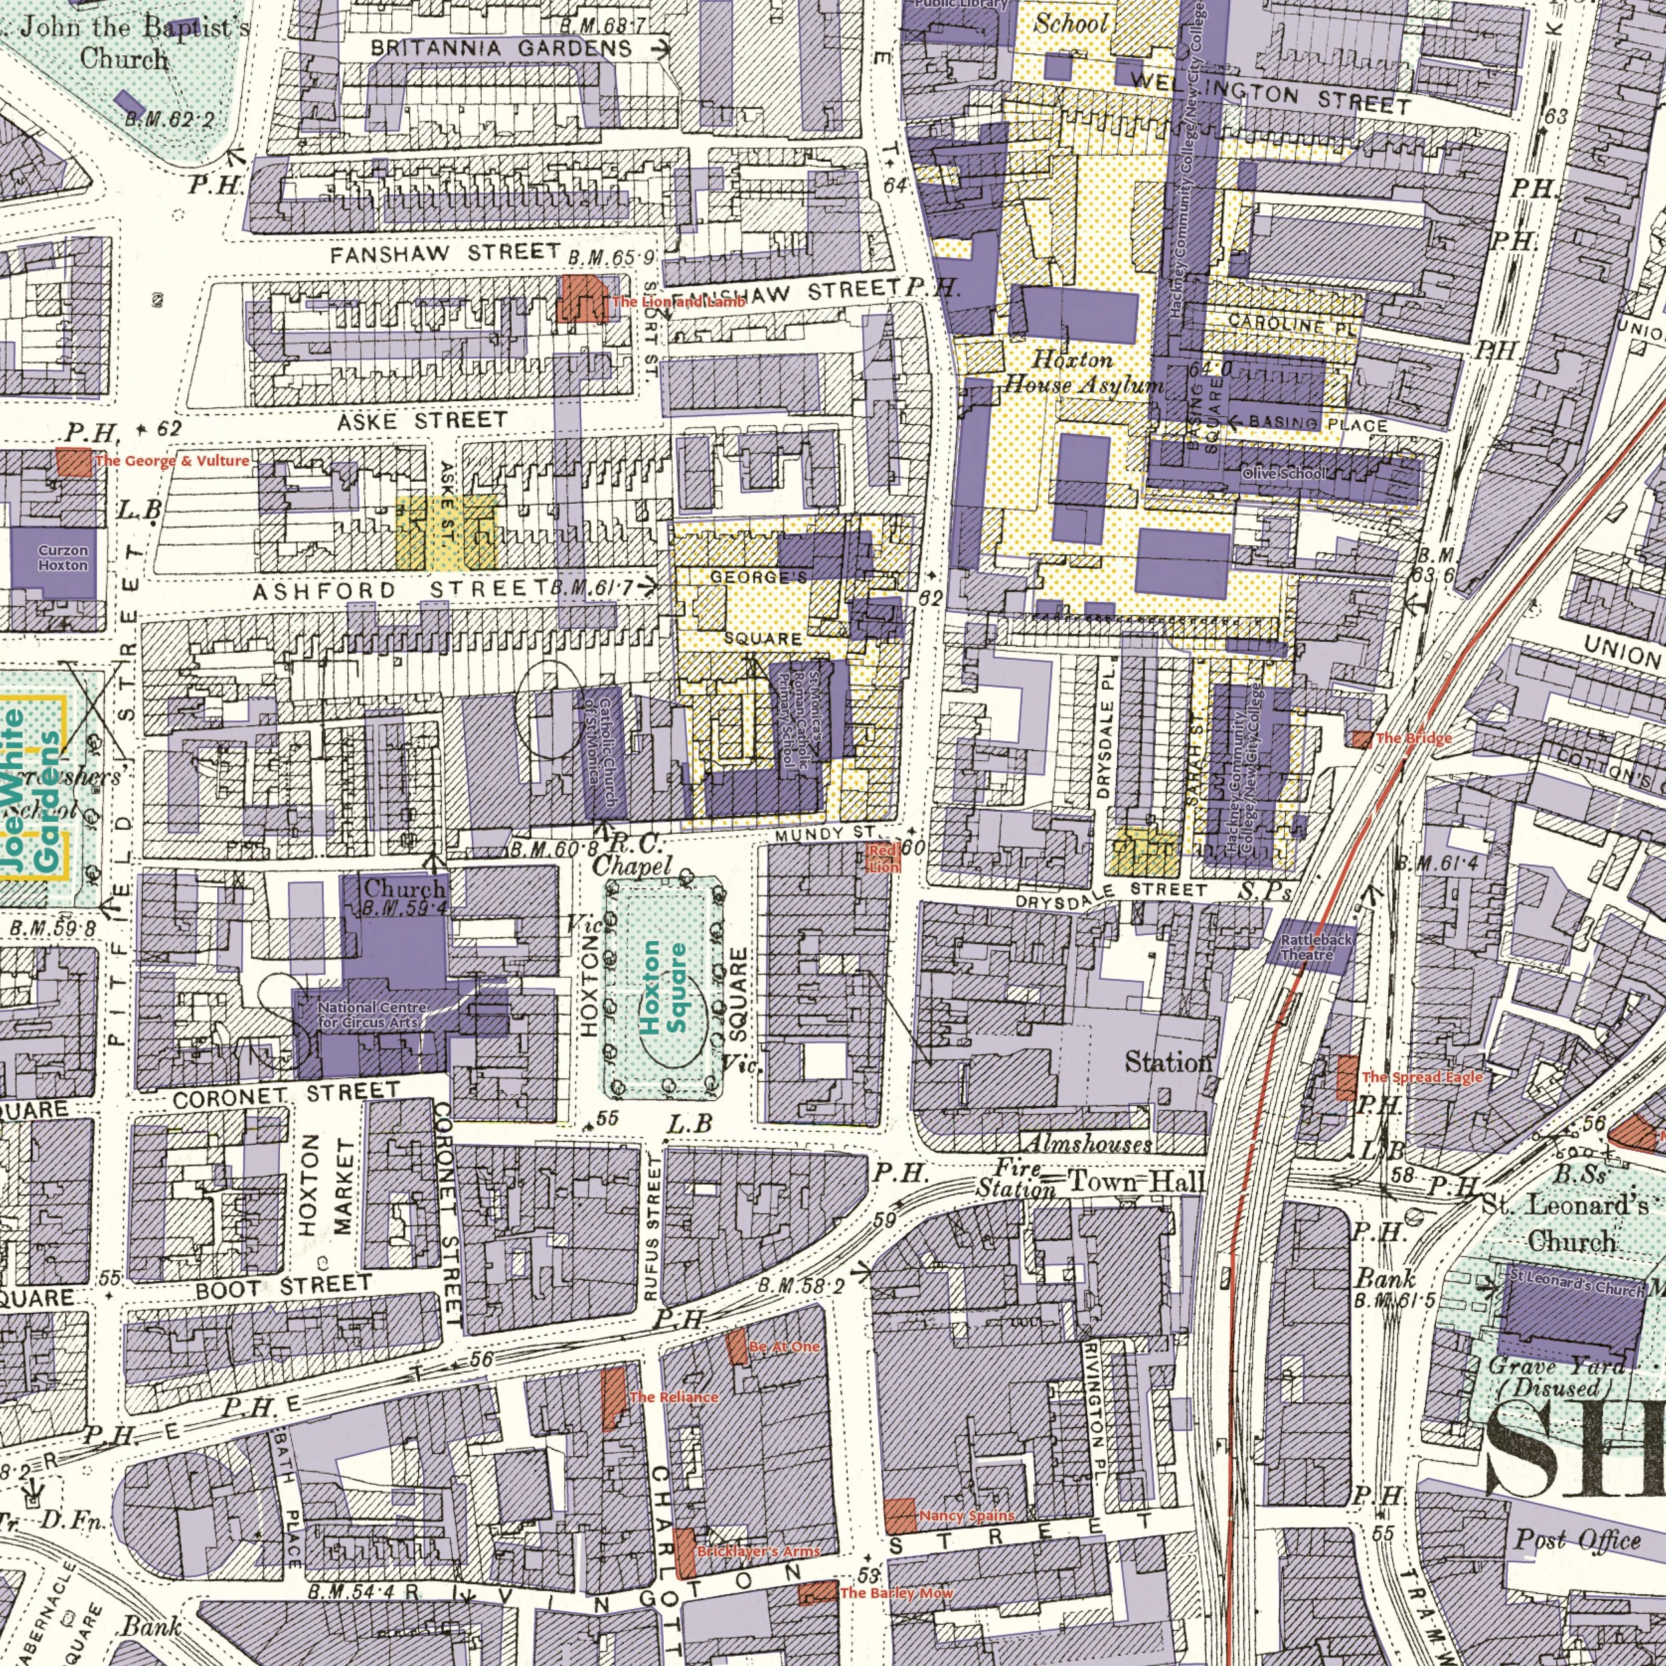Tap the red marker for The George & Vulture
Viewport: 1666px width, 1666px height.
click(x=74, y=462)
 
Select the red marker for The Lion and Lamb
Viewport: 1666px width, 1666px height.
click(x=584, y=299)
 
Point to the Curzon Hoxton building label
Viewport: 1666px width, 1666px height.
click(x=63, y=558)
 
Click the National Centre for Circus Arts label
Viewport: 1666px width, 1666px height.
click(x=372, y=1014)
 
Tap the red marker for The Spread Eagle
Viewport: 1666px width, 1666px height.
click(x=1346, y=1077)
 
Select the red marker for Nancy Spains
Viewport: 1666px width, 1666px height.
click(x=900, y=1516)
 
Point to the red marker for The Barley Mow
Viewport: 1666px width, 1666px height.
click(x=816, y=1569)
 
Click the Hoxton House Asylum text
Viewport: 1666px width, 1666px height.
click(x=1083, y=373)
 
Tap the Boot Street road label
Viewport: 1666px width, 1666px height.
click(x=284, y=1287)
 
